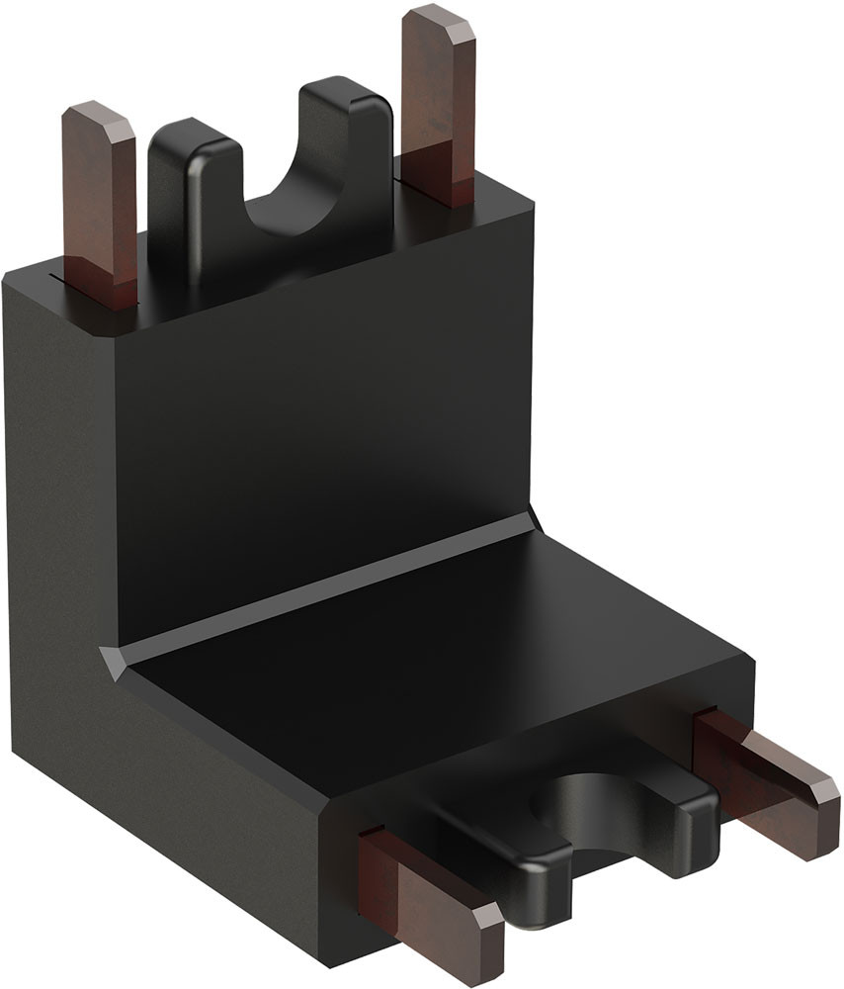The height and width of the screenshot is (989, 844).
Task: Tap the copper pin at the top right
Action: click(438, 109)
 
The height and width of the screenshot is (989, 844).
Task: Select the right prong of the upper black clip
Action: click(346, 148)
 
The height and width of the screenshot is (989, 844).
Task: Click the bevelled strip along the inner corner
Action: click(326, 593)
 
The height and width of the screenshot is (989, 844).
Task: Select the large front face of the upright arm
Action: click(316, 425)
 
